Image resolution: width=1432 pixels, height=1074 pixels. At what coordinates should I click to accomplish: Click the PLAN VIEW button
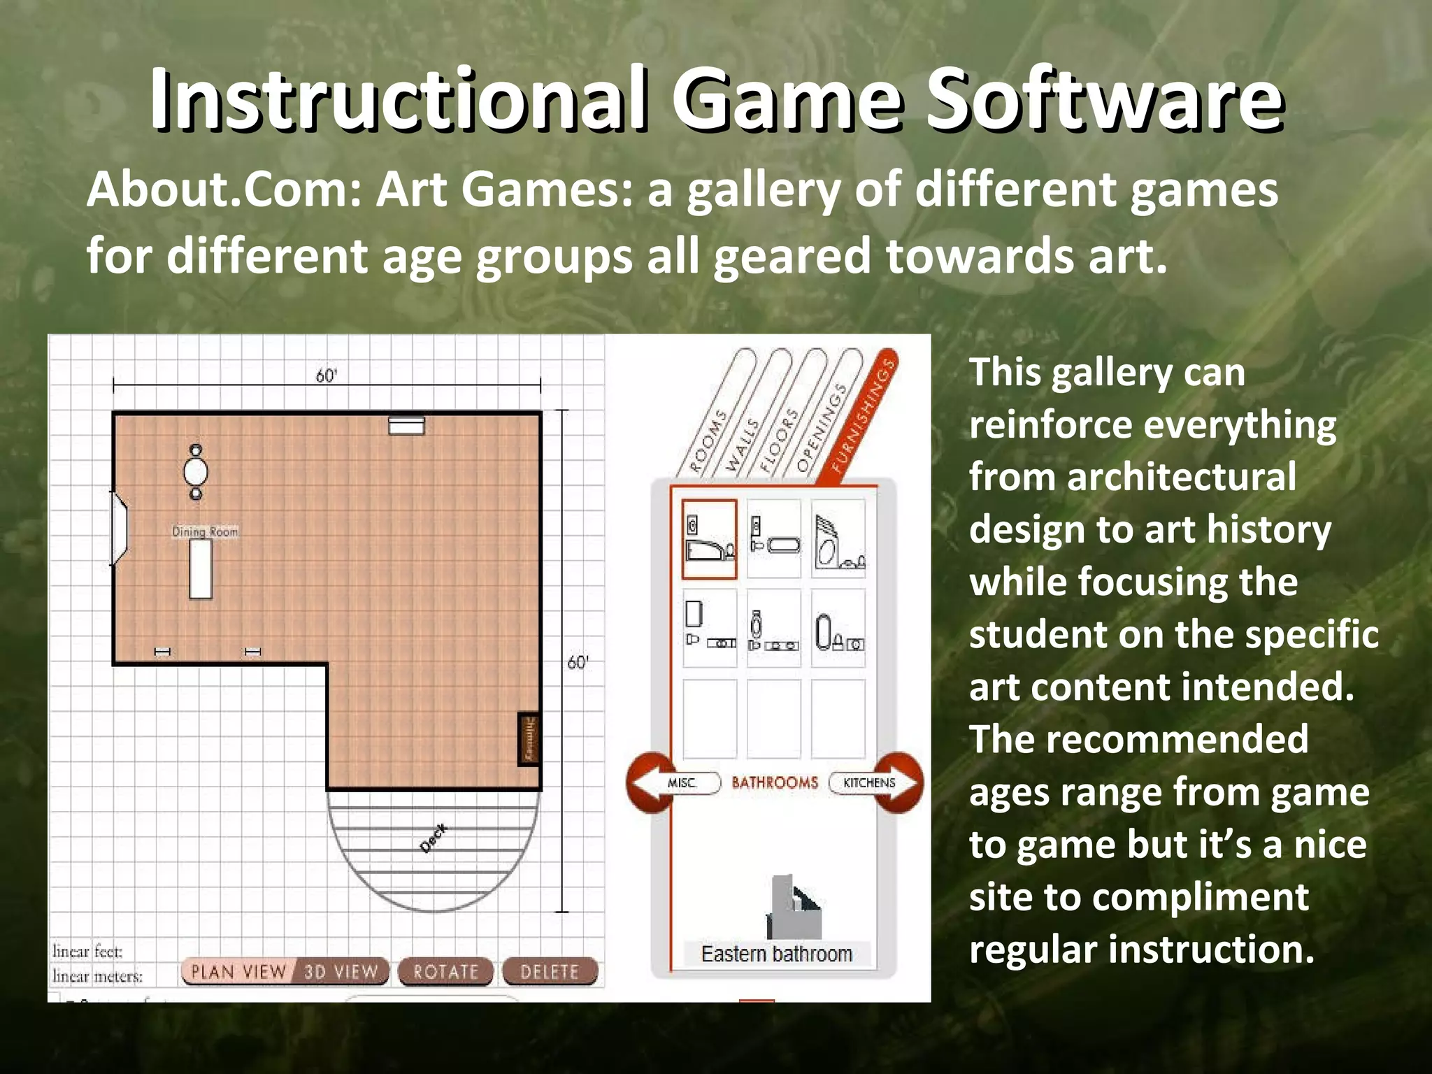click(238, 971)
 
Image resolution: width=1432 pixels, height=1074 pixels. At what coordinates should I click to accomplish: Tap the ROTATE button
click(445, 971)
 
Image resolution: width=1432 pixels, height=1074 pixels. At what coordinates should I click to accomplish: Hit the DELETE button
click(550, 971)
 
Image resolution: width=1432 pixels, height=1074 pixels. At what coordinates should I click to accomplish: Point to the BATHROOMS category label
click(775, 782)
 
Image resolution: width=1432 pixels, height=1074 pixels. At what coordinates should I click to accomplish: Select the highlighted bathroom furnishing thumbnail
click(710, 539)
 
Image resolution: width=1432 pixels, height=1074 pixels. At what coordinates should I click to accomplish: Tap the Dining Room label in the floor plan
click(205, 531)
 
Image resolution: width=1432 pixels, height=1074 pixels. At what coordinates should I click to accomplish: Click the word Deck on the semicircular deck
click(434, 838)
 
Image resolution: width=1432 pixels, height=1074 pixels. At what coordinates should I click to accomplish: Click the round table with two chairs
click(196, 472)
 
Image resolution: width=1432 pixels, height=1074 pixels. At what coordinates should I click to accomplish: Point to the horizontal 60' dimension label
click(326, 376)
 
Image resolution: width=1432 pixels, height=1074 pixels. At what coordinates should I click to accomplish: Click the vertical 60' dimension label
click(578, 662)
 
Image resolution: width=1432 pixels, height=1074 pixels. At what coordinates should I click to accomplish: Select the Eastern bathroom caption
click(776, 954)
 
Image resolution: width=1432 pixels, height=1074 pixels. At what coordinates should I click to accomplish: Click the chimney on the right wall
click(529, 739)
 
